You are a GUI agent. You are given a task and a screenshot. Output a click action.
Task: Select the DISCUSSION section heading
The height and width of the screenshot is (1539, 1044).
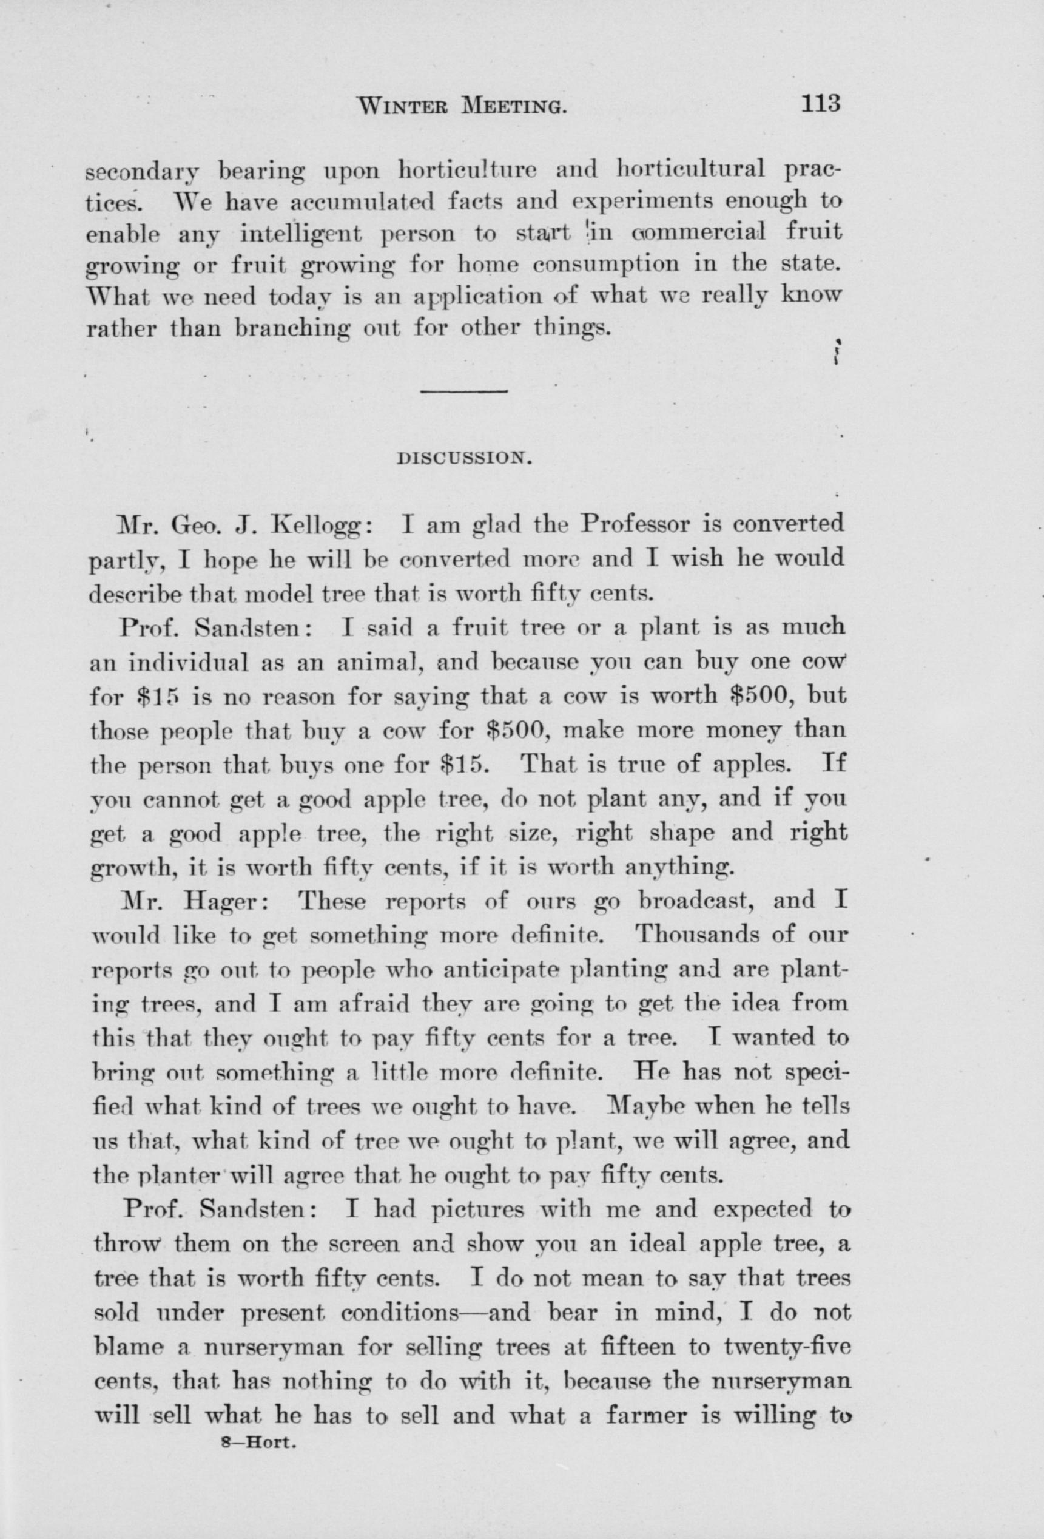463,457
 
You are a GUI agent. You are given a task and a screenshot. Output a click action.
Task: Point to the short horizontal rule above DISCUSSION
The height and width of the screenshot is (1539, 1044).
463,392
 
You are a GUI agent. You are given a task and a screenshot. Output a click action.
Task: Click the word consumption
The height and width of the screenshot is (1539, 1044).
607,263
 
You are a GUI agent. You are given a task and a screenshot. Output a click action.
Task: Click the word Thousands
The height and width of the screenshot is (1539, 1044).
698,935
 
